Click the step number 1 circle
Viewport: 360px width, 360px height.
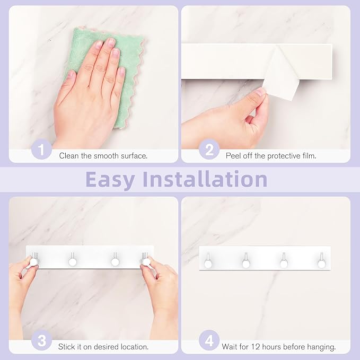pyautogui.click(x=41, y=150)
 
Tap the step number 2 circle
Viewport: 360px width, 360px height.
pyautogui.click(x=209, y=150)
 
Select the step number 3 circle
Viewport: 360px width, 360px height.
pyautogui.click(x=41, y=340)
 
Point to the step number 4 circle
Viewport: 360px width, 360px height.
pyautogui.click(x=209, y=340)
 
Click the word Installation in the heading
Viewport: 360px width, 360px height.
pyautogui.click(x=207, y=179)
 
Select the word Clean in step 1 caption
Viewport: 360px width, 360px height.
pyautogui.click(x=70, y=155)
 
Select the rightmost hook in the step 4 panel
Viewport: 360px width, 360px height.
pyautogui.click(x=321, y=261)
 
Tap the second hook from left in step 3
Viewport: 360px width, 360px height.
pyautogui.click(x=72, y=261)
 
